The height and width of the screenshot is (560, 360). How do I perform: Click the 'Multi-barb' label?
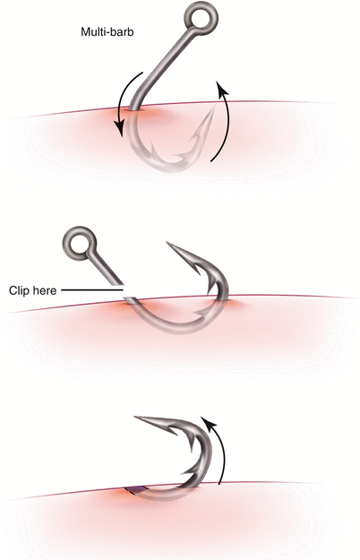(x=107, y=32)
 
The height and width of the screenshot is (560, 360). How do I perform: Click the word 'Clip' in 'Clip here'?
(x=19, y=290)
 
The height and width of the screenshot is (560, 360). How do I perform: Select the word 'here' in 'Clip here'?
(x=44, y=290)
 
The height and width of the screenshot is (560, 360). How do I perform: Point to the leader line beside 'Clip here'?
(x=92, y=290)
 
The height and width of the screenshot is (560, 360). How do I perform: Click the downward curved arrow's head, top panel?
(x=120, y=129)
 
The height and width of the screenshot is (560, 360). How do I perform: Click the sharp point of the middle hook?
(x=167, y=243)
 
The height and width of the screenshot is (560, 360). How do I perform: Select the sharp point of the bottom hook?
(x=135, y=417)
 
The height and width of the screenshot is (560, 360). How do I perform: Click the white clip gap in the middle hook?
(x=122, y=290)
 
